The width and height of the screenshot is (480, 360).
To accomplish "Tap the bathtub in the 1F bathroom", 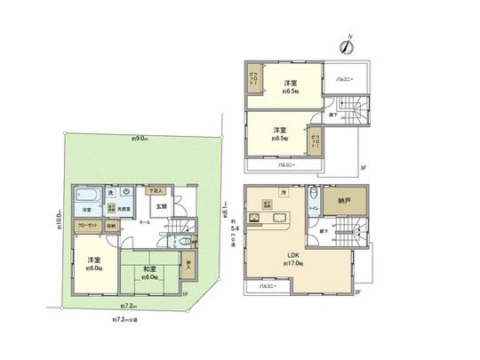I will tap(87, 196).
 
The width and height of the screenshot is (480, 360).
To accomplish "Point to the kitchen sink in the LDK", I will tap(283, 219).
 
